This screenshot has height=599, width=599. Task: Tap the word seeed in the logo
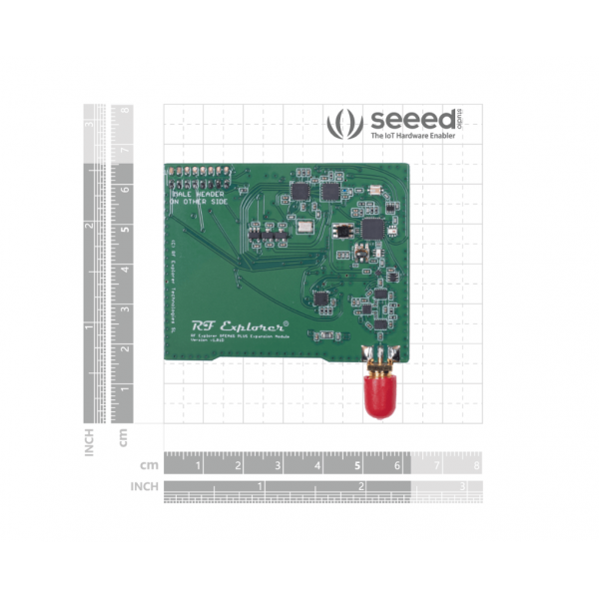point(404,122)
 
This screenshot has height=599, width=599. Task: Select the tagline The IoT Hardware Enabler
point(412,137)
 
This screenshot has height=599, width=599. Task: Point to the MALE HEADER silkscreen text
point(200,194)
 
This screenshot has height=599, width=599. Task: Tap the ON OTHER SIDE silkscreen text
point(199,203)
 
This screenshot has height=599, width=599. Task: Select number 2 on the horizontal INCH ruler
point(359,487)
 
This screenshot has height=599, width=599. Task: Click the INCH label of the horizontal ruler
point(145,487)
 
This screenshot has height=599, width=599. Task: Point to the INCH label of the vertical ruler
point(90,440)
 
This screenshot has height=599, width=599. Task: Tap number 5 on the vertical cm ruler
point(125,230)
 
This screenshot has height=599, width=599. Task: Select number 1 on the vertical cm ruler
point(125,387)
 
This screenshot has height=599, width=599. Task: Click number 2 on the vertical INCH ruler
point(89,226)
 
